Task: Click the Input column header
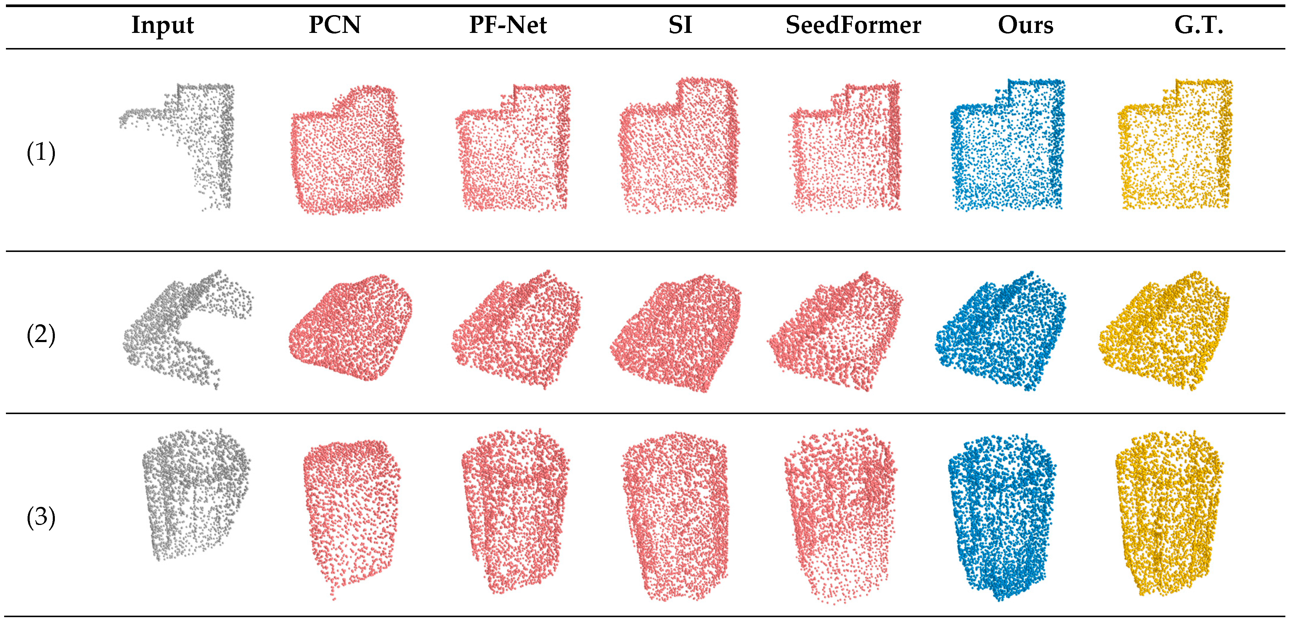tap(163, 25)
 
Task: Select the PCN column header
tap(335, 25)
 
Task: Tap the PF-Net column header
tap(508, 25)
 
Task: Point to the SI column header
tap(680, 25)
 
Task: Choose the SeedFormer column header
tap(853, 25)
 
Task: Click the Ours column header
tap(1025, 25)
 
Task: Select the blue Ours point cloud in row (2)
tap(1002, 333)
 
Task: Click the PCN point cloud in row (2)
tap(351, 328)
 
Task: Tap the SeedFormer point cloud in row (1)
tap(847, 150)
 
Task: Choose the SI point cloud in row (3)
tap(676, 516)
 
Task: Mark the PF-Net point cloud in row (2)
tap(516, 331)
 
